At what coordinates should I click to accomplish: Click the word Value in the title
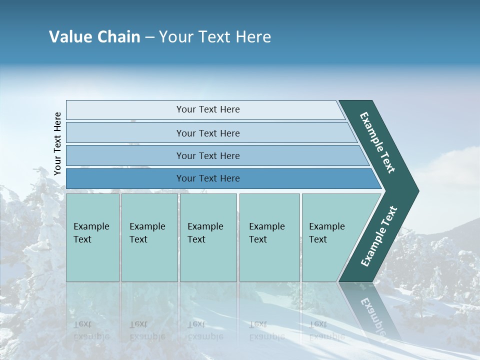tap(70, 37)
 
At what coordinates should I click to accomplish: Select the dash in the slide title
tap(149, 37)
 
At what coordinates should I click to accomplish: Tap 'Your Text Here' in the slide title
tap(215, 37)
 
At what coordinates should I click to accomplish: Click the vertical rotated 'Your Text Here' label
tap(57, 144)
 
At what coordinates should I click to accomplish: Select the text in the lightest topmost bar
tap(208, 109)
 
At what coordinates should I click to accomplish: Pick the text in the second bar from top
tap(208, 133)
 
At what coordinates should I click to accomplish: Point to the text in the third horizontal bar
tap(208, 156)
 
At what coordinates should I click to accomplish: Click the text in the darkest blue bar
tap(208, 178)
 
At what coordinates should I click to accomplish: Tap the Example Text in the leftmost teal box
tap(91, 233)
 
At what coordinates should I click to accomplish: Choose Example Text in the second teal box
tap(147, 233)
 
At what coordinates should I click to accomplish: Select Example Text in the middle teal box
tap(205, 233)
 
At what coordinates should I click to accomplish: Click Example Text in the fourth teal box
tap(266, 233)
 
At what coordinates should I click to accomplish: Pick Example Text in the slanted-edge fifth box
tap(326, 233)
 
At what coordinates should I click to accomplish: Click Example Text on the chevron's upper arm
tap(377, 142)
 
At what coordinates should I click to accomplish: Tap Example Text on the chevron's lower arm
tap(379, 236)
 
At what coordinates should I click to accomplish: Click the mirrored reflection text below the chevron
tap(372, 315)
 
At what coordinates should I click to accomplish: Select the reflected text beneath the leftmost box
tap(91, 330)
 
